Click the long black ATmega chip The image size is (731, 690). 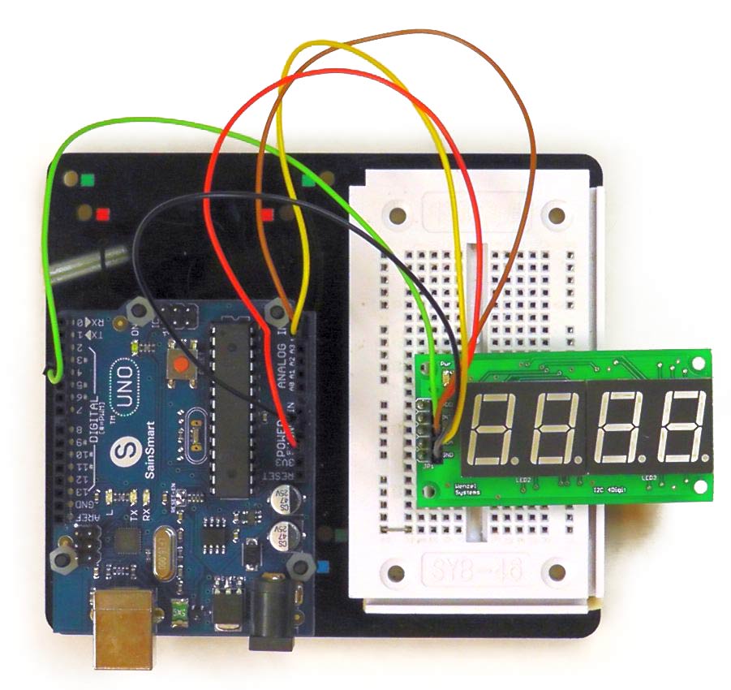pos(232,406)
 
